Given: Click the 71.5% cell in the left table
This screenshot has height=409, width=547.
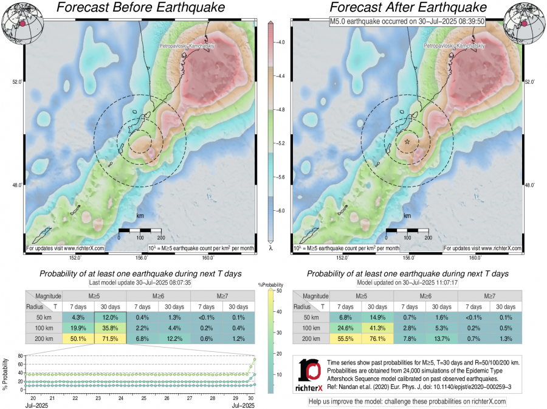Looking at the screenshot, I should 110,339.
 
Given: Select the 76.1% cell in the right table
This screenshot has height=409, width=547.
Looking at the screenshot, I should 377,339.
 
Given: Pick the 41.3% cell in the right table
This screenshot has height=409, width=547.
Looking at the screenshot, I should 377,328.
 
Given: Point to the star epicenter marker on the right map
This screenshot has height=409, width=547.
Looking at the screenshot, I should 407,141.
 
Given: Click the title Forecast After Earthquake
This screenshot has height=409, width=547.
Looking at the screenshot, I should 408,8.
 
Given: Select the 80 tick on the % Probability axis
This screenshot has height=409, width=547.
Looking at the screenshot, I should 19,356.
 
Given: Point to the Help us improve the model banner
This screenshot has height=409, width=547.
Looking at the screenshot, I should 407,401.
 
